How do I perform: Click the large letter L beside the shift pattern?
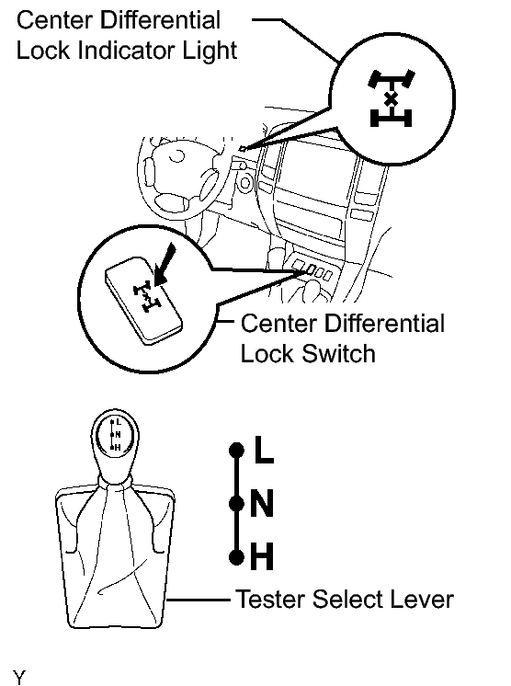264,450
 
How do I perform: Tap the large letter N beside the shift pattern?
262,504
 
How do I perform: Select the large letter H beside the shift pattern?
262,556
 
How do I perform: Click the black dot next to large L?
236,451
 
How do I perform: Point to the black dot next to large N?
236,504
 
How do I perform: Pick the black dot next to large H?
236,557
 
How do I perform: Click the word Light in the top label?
210,51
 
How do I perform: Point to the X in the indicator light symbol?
391,99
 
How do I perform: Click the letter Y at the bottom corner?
19,677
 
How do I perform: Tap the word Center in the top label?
54,20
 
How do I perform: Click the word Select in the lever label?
347,599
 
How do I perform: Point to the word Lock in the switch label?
267,352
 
